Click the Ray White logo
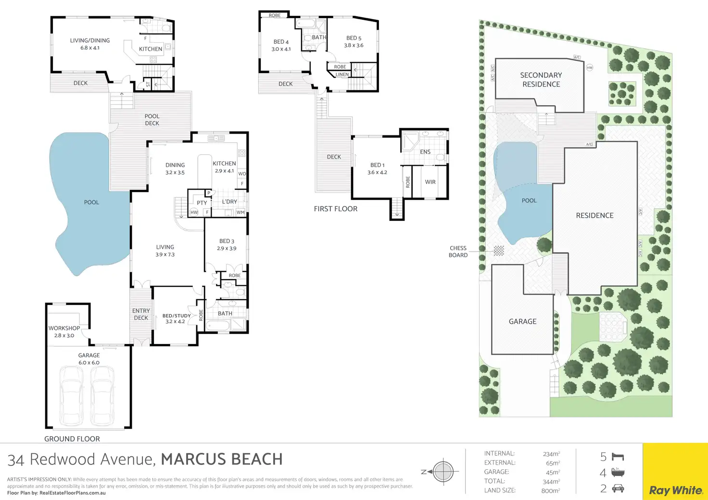click(675, 490)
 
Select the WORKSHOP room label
click(64, 328)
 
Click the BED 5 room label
click(354, 38)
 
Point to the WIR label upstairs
click(430, 182)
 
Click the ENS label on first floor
click(425, 152)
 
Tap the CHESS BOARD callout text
click(458, 252)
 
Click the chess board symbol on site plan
click(499, 251)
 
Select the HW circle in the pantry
click(194, 212)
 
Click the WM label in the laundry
click(240, 212)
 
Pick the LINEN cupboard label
click(342, 74)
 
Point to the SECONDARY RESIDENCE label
click(541, 80)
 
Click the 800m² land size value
click(550, 490)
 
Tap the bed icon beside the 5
click(618, 457)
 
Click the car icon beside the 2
click(618, 488)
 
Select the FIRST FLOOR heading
click(336, 208)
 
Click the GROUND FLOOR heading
click(72, 439)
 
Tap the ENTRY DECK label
click(141, 315)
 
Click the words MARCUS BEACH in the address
click(222, 459)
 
